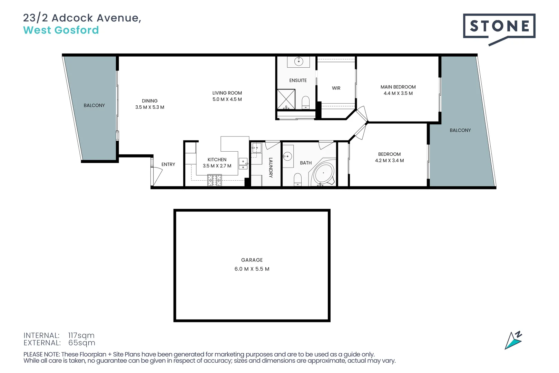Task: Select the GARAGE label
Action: [x=252, y=260]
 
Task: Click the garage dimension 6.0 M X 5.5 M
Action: [x=252, y=269]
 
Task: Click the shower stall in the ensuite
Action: [x=286, y=99]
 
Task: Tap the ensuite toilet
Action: [x=306, y=102]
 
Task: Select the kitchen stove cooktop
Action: [x=214, y=180]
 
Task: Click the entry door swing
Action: [x=157, y=174]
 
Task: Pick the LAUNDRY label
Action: [x=271, y=168]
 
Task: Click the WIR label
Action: [x=336, y=88]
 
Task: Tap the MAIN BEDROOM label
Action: [x=398, y=87]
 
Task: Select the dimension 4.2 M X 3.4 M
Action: [x=389, y=161]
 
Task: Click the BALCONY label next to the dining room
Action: [x=94, y=106]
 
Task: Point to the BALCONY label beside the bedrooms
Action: [x=460, y=131]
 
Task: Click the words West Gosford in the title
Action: [x=61, y=30]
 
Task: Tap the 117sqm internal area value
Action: [x=81, y=335]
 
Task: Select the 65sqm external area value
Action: [x=81, y=343]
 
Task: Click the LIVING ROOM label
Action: [x=227, y=93]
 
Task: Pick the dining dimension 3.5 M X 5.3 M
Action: [x=150, y=107]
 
